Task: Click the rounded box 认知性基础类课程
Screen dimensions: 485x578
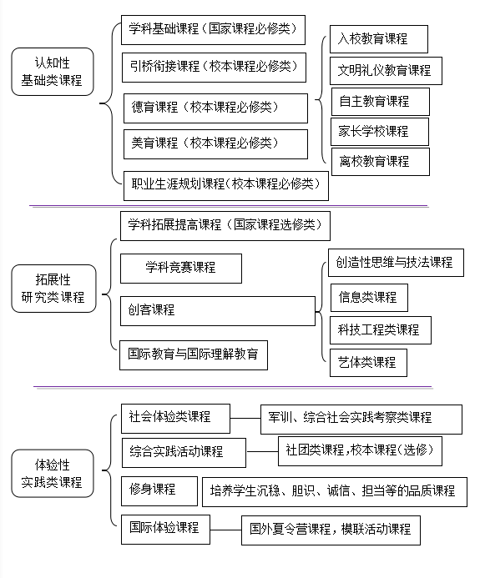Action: coord(53,72)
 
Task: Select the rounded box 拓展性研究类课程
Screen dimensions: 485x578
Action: coord(53,289)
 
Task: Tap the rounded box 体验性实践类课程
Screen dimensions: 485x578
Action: coord(53,473)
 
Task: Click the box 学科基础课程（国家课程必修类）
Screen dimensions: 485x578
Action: coord(213,30)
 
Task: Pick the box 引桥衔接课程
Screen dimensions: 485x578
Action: coord(214,68)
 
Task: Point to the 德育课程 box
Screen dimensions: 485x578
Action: coord(215,108)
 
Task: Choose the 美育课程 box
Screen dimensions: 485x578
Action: coord(215,144)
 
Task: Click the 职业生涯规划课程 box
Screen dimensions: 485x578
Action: coord(225,185)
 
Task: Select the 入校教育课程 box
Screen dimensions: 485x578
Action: coord(379,39)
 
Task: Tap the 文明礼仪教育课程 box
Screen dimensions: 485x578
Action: coord(386,71)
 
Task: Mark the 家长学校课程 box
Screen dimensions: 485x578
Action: coord(380,132)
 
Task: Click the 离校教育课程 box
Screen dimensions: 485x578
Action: coord(381,162)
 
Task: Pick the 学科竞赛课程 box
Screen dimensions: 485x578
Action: coord(181,269)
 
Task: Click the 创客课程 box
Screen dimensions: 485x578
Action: coord(218,311)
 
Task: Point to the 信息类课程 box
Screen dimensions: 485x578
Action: coord(369,298)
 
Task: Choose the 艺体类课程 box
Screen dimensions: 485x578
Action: coord(368,363)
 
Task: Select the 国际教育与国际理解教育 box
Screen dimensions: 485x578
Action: coord(194,355)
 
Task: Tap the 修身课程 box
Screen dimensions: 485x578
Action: coord(159,491)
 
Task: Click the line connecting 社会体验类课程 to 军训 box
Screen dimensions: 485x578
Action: coord(245,419)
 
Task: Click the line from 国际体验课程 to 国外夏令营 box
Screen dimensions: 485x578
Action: coord(225,530)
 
